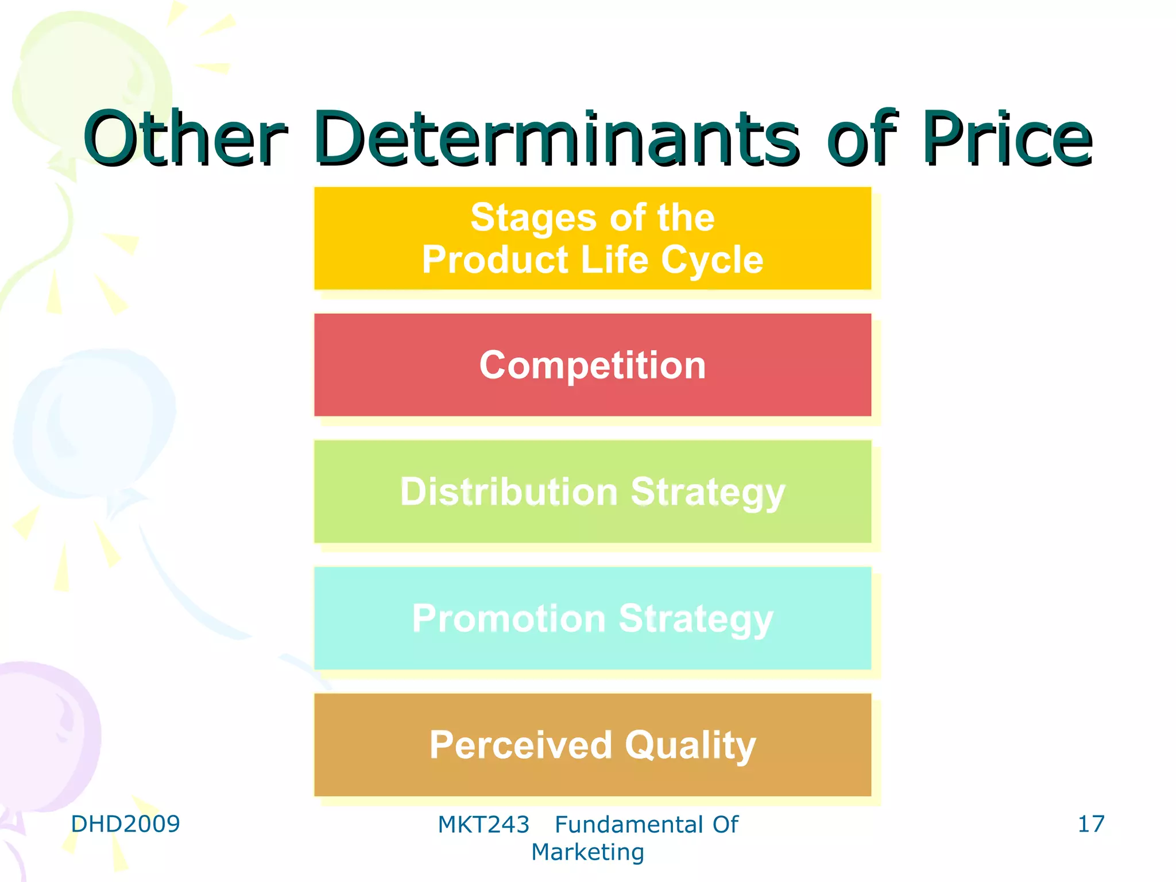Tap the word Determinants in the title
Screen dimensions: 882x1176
557,139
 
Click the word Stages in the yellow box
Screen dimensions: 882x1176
533,219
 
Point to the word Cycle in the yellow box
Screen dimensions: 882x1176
712,260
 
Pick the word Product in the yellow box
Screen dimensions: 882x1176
495,260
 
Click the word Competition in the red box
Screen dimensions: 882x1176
593,365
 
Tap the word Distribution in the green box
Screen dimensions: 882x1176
508,492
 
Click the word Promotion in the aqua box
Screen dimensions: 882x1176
509,619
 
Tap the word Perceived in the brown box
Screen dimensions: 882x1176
520,745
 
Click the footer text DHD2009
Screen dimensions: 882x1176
125,824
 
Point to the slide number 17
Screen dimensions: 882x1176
1090,824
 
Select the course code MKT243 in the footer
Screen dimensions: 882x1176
483,825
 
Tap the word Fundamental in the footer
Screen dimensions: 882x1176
629,825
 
